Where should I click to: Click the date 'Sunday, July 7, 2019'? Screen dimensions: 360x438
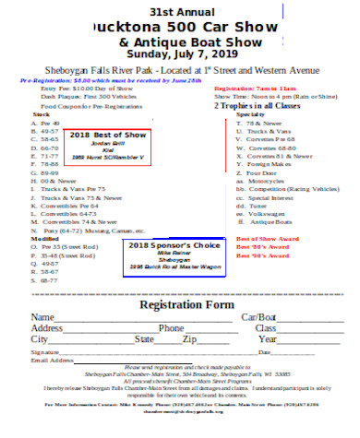(x=180, y=55)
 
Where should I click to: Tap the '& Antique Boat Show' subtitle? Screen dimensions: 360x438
(x=180, y=42)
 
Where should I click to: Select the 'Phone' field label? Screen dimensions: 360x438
(x=172, y=327)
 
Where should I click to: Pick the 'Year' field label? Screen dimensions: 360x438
(x=268, y=339)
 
